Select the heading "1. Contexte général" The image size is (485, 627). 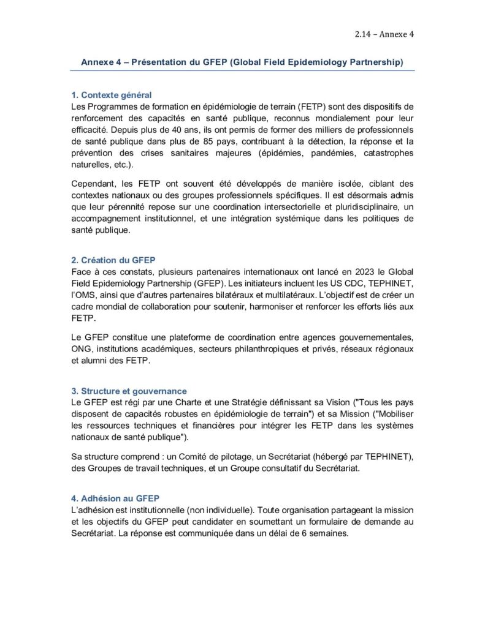pyautogui.click(x=112, y=95)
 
